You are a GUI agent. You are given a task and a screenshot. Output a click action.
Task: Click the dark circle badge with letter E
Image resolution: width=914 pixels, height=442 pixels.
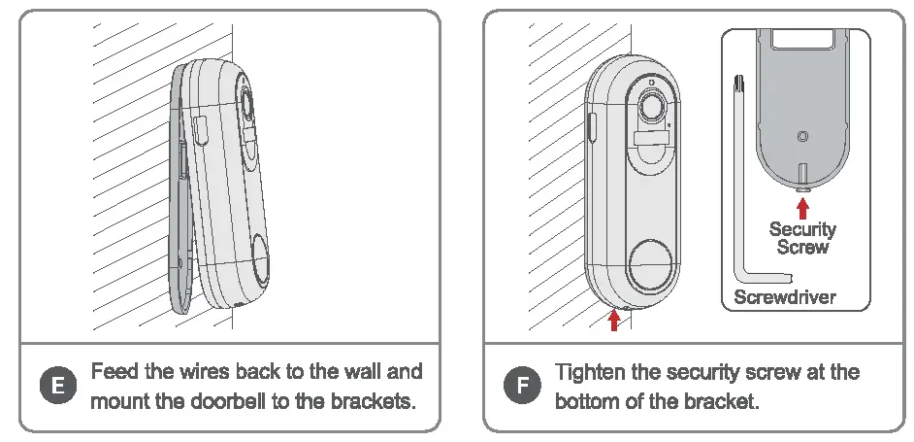click(x=57, y=387)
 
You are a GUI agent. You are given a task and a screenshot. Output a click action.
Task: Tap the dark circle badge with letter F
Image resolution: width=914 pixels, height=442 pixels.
click(x=523, y=387)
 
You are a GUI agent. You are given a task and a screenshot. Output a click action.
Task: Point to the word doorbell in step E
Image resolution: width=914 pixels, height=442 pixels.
click(x=240, y=400)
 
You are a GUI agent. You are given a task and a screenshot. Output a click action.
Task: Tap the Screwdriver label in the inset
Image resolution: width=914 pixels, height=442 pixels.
click(x=784, y=297)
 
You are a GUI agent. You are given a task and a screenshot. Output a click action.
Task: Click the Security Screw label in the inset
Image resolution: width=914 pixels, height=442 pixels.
click(x=801, y=238)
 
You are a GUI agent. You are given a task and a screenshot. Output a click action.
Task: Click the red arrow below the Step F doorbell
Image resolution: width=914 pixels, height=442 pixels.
click(x=612, y=320)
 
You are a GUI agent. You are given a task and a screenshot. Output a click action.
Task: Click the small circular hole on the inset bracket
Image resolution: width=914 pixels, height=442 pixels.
click(x=801, y=137)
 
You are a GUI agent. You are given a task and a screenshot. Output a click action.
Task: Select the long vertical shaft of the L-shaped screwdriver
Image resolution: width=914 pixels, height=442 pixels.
click(x=740, y=175)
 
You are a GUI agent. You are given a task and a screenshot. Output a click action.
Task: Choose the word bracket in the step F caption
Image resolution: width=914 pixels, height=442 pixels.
click(x=722, y=400)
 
